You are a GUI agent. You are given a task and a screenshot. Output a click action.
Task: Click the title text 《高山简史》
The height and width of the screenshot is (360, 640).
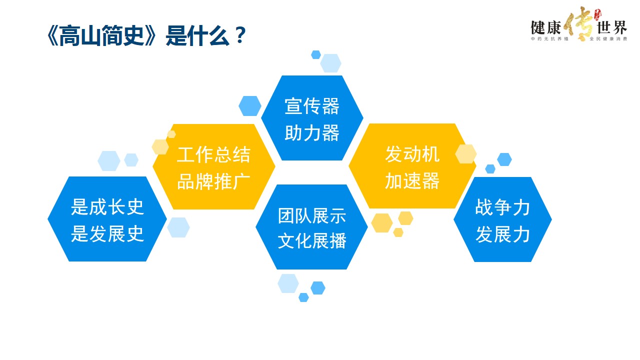coord(101,35)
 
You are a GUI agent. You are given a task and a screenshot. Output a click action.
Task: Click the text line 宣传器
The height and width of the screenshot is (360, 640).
coord(312,106)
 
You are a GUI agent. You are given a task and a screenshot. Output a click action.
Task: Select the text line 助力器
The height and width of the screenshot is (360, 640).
coord(312,133)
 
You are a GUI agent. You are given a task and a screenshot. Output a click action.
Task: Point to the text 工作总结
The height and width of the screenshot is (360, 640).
coord(213,154)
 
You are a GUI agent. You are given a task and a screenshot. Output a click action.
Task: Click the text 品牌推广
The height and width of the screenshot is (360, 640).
coord(213,181)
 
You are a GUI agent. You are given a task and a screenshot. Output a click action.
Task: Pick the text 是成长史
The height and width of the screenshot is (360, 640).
coord(107,207)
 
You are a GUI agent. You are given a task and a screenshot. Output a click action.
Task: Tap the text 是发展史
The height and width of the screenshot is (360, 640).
coord(107,233)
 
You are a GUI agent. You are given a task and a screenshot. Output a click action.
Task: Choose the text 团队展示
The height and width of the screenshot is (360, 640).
coord(312,215)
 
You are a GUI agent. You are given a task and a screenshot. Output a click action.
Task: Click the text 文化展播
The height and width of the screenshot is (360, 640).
coord(312,240)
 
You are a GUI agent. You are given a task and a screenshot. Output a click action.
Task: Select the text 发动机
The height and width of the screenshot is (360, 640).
coord(412,154)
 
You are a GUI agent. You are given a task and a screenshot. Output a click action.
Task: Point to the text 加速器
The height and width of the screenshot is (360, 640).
coord(412,181)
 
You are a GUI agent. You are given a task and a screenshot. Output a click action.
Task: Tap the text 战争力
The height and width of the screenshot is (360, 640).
coord(502,207)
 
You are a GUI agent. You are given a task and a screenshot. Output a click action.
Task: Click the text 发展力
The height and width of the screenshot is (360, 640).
coord(502,234)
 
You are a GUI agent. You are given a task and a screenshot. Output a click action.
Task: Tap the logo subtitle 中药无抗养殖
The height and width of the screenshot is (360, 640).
coord(549,39)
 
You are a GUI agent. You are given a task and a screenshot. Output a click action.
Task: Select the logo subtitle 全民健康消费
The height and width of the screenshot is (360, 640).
coord(608,39)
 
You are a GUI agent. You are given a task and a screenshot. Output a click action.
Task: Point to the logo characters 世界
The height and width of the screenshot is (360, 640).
coord(612,27)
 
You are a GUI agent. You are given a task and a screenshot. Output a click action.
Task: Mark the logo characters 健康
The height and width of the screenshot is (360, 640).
coord(545,27)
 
